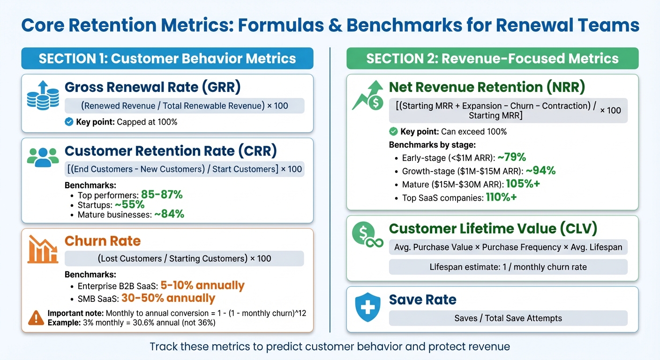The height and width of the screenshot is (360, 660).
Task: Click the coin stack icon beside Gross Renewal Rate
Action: [43, 96]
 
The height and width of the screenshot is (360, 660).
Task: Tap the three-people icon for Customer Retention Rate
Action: [43, 157]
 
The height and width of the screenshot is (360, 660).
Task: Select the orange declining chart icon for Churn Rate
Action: [43, 248]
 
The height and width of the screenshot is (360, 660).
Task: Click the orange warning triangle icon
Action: [36, 318]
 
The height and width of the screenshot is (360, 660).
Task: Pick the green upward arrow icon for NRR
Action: [368, 96]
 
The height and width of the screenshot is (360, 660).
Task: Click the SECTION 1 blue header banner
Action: [167, 59]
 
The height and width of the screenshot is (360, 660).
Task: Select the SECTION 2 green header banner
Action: [492, 59]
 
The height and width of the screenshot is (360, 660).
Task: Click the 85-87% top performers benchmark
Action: [158, 195]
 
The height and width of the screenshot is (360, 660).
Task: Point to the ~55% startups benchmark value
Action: [129, 205]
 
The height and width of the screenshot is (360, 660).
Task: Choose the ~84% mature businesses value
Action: [169, 215]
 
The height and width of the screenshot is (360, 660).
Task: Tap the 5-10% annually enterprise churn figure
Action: [202, 285]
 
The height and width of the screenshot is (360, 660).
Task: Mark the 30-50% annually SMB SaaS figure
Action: [168, 298]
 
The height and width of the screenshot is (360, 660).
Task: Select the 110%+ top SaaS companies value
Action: [501, 197]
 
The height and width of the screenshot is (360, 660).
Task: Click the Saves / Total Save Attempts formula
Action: [508, 318]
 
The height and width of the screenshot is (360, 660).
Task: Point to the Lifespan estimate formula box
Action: [508, 267]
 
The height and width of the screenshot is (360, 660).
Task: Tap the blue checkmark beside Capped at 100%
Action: [68, 122]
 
